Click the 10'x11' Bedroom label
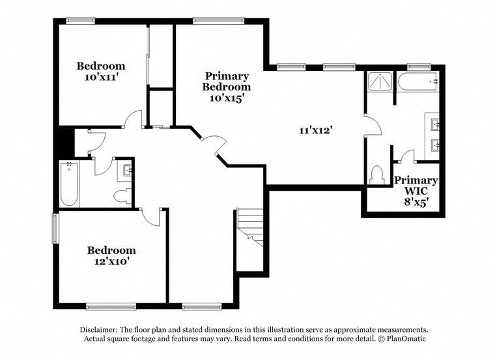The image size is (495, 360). coord(101,71)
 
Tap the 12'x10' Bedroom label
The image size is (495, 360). coord(111,255)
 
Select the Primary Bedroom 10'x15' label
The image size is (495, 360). coord(226,87)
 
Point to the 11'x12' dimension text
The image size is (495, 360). coord(316,130)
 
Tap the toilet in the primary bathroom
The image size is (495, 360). coord(376,174)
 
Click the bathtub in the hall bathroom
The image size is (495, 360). coord(69,184)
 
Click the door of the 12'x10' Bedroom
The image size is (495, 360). coord(151,217)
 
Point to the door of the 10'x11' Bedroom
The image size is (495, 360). coord(133,119)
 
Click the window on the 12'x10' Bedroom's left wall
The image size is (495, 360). coord(55,228)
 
